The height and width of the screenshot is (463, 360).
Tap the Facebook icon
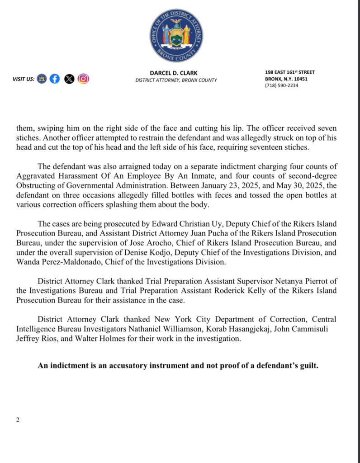pos(54,79)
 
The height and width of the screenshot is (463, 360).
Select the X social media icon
pos(69,79)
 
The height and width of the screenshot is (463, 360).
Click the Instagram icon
pos(83,79)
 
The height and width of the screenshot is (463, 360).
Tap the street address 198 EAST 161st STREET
pos(289,72)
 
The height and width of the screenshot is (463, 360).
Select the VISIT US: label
pos(24,79)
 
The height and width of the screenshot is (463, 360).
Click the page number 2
pos(18,420)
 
